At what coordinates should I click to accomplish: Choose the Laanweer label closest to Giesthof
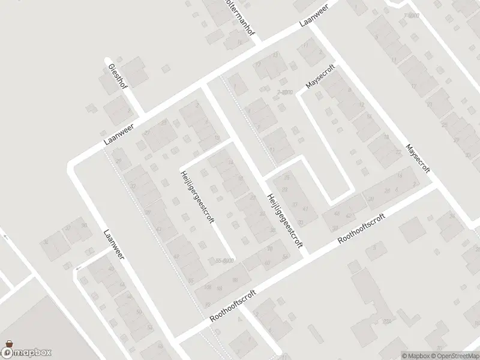[x=118, y=131]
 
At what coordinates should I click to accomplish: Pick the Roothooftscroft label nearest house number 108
[x=233, y=307]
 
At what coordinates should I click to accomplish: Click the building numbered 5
[x=375, y=247]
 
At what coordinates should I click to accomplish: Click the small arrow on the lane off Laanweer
[x=77, y=271]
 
